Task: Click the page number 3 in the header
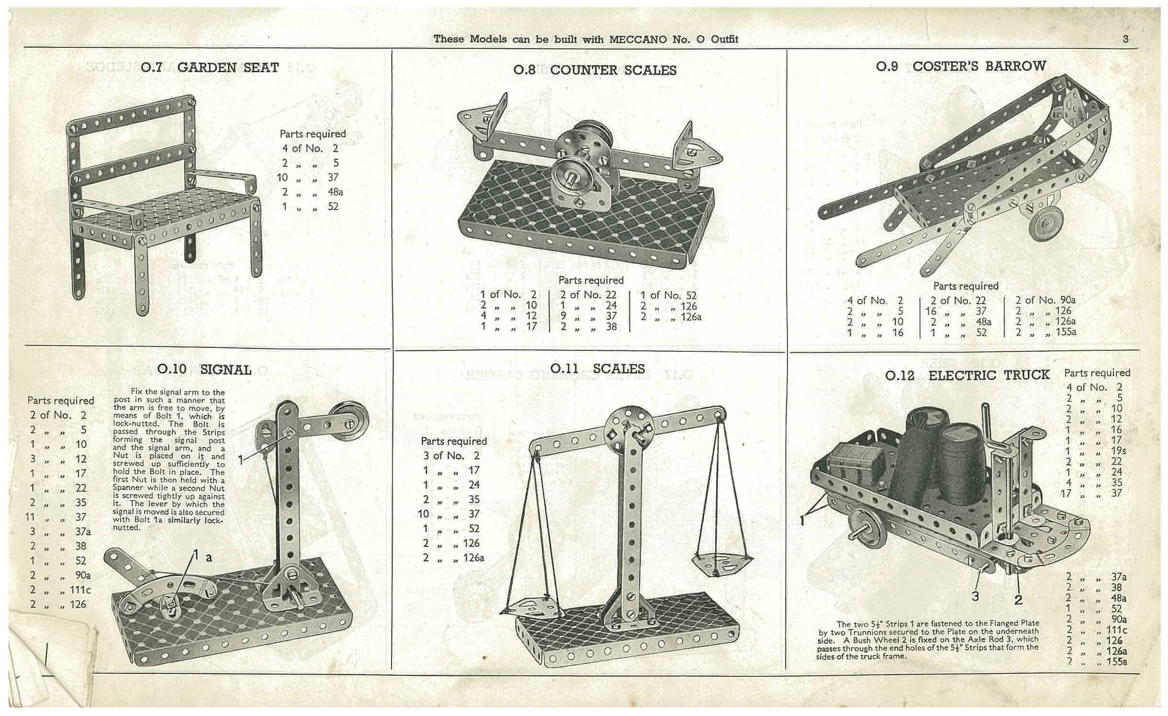pos(1126,39)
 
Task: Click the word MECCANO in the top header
pos(638,39)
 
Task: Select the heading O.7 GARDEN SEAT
pos(210,67)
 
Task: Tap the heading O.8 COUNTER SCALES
pos(595,70)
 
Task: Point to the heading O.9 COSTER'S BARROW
pos(961,66)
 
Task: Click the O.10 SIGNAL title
pos(204,369)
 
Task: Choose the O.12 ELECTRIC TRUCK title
pos(967,375)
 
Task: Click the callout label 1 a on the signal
pos(202,556)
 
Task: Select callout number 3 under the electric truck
pos(975,596)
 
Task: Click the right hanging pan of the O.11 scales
pos(721,563)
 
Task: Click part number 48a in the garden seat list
pos(336,192)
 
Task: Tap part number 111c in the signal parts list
pos(80,590)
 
